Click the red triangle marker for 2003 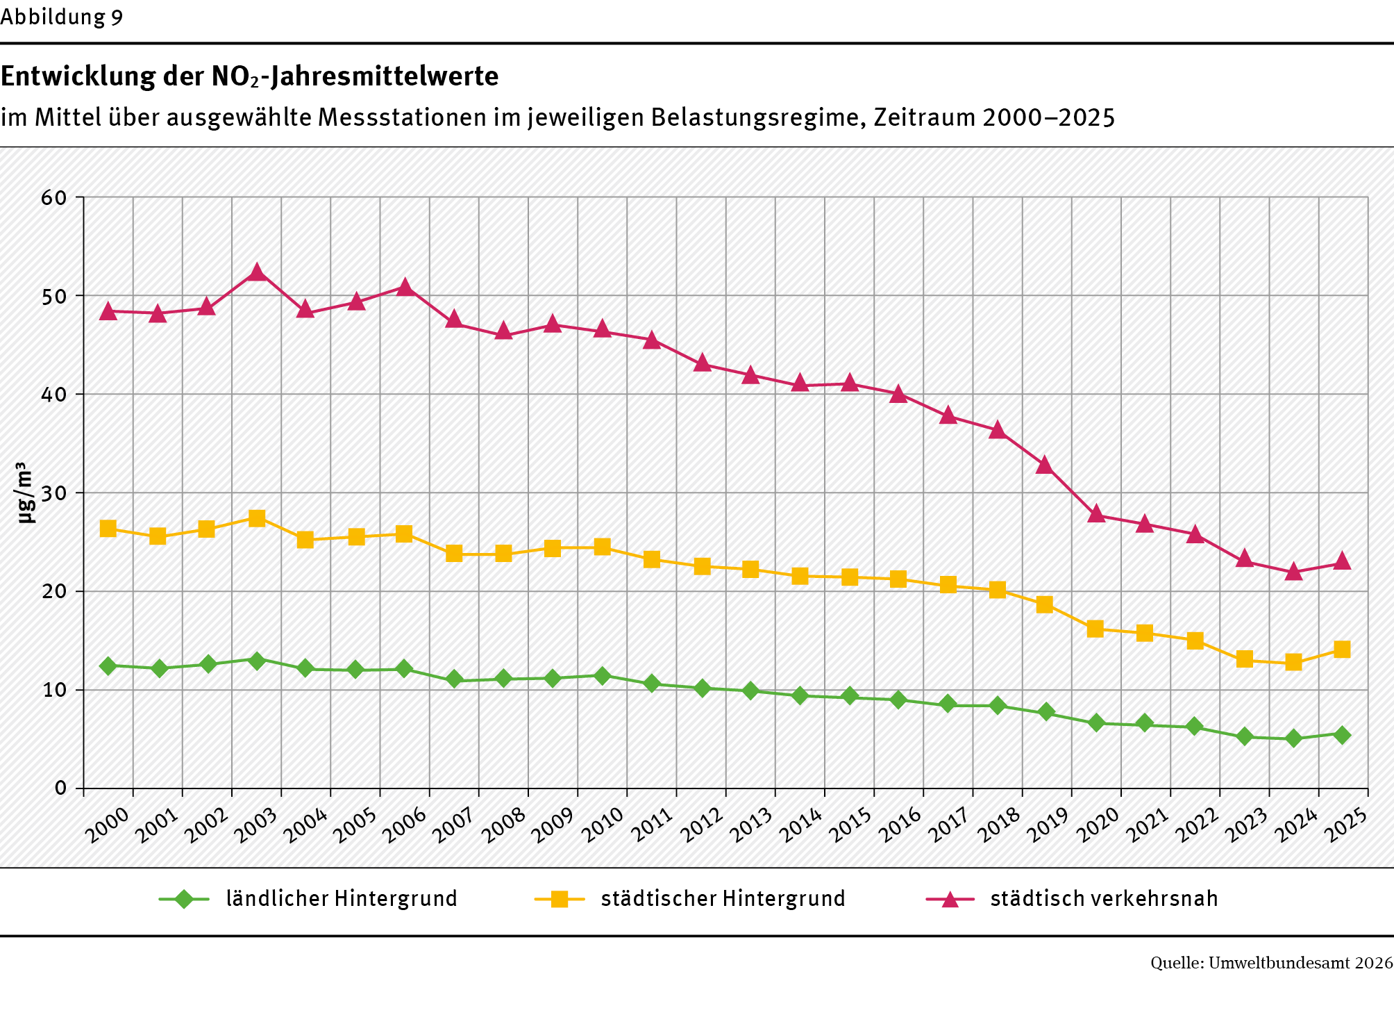point(257,272)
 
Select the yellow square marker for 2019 point(1045,604)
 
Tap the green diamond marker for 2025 point(1342,735)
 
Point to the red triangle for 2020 point(1095,514)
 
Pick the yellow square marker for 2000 point(108,528)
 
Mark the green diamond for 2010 point(602,675)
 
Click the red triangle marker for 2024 point(1293,572)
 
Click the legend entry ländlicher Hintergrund point(341,898)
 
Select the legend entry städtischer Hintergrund point(723,898)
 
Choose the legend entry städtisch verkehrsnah point(1104,898)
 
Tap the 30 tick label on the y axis point(54,493)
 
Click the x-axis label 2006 point(405,824)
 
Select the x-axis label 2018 point(998,824)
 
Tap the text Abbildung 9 point(62,17)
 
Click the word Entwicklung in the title point(78,76)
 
